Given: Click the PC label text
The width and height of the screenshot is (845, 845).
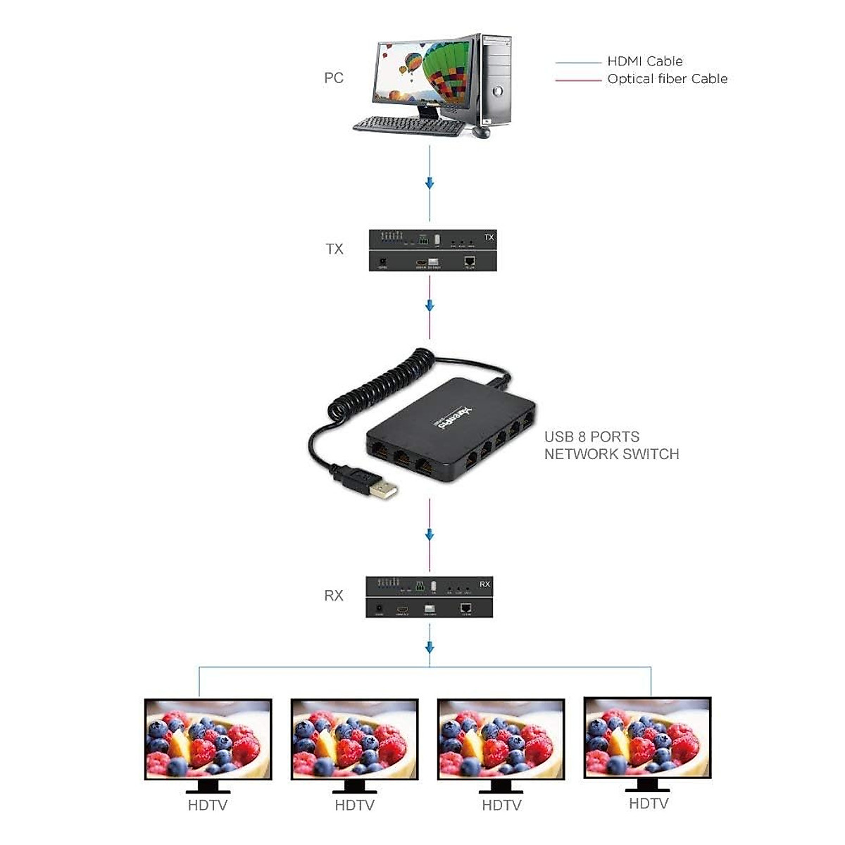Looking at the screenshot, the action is point(334,77).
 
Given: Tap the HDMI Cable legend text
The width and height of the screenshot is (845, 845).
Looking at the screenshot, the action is point(644,61).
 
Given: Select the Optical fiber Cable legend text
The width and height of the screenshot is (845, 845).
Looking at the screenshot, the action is point(667,79).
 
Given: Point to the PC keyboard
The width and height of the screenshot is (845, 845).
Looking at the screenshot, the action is point(408,126).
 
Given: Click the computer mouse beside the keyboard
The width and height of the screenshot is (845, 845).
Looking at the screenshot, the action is point(482,132).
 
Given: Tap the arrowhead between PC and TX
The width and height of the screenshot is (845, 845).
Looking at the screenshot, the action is point(430,184).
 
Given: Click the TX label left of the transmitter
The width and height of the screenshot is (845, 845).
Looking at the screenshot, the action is point(334,249).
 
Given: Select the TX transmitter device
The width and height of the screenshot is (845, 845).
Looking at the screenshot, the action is point(433,250).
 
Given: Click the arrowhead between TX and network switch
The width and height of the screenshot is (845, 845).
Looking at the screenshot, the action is point(430,306).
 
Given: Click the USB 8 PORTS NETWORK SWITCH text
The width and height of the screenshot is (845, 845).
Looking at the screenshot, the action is point(611,446).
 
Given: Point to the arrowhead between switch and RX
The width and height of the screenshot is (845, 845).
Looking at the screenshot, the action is point(430,534).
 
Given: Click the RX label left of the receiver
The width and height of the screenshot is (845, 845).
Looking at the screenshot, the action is point(334,596).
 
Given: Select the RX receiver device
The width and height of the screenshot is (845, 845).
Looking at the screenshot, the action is point(429,597).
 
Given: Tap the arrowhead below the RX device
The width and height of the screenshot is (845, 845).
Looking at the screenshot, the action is point(430,647).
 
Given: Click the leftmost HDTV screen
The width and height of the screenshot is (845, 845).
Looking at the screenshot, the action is point(208,739).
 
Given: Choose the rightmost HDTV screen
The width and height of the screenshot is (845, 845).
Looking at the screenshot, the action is point(648,737).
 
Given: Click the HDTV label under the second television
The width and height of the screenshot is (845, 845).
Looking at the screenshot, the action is point(354,805).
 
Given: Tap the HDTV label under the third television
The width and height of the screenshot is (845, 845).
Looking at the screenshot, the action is point(501,805).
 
